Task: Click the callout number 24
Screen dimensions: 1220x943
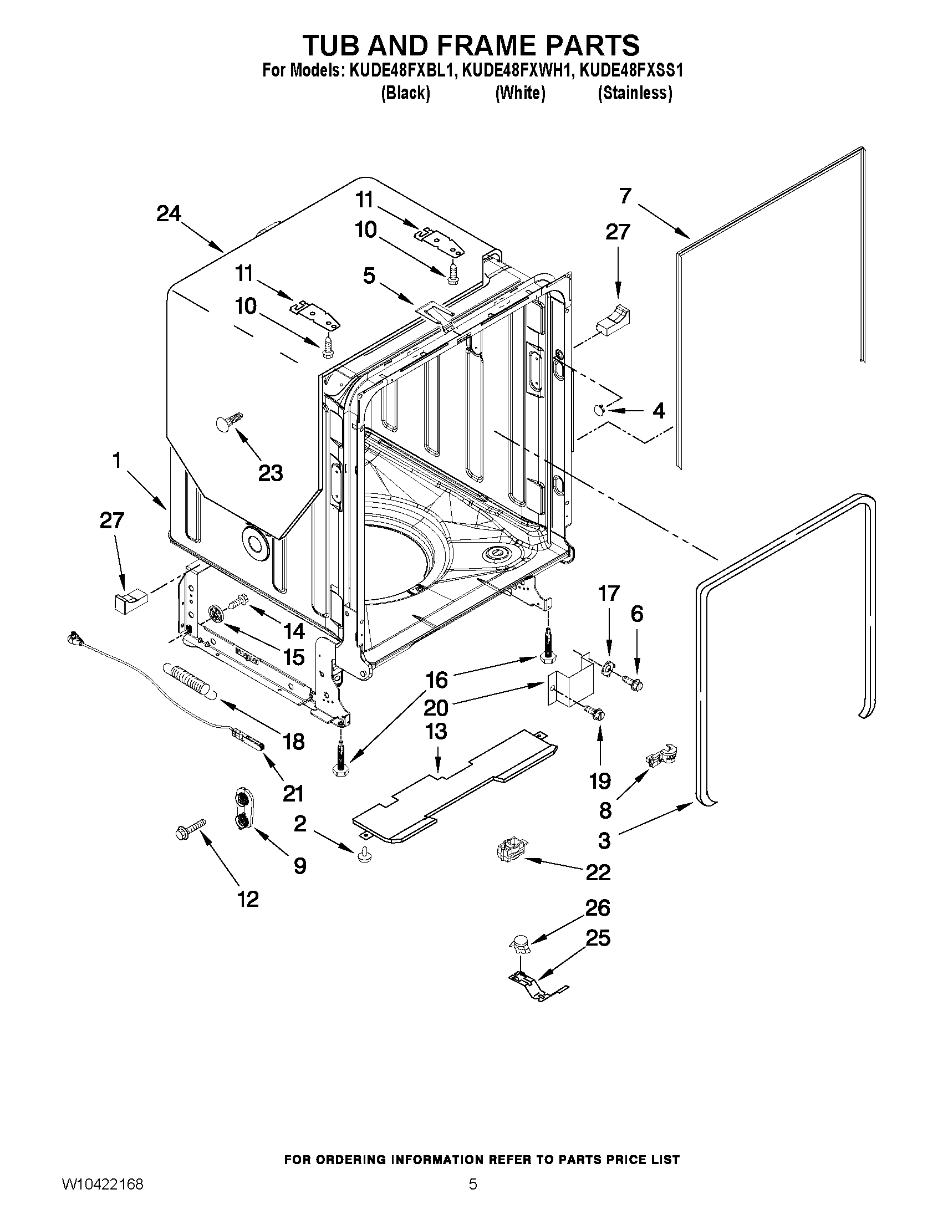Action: tap(169, 213)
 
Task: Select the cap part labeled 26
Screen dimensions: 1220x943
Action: tap(521, 945)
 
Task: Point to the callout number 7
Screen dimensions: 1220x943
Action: tap(625, 196)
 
